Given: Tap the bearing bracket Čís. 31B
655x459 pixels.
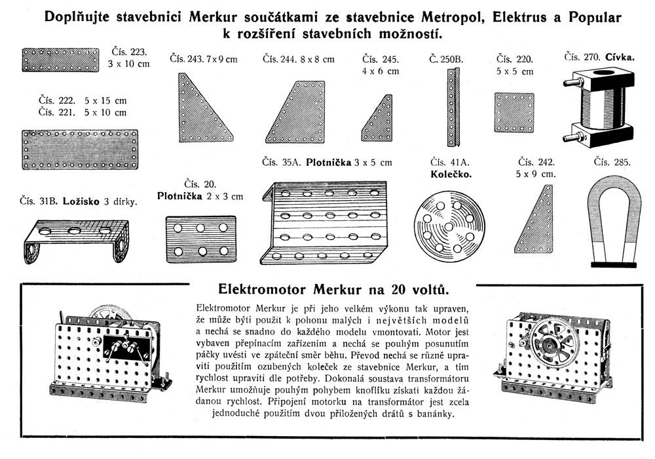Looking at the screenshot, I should pyautogui.click(x=75, y=239).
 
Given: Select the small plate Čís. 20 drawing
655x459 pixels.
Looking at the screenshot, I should pyautogui.click(x=200, y=240).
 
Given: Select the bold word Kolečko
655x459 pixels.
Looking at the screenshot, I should pyautogui.click(x=451, y=174).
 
